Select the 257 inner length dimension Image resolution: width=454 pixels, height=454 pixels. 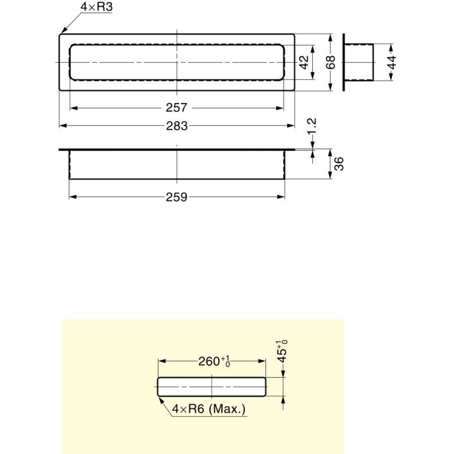[176, 108]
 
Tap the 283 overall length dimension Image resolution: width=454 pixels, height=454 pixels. [176, 126]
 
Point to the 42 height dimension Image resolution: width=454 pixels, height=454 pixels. [304, 62]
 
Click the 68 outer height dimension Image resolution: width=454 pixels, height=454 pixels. [331, 62]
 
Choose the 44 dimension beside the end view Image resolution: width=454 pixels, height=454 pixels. [393, 62]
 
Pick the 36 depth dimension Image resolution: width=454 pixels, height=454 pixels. [339, 164]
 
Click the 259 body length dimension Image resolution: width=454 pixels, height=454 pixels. [176, 197]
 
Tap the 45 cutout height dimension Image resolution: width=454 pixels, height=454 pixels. [283, 351]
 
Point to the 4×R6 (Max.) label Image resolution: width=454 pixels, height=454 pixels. [209, 408]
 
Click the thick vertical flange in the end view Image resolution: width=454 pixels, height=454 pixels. [344, 62]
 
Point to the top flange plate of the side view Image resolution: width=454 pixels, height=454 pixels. [176, 150]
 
